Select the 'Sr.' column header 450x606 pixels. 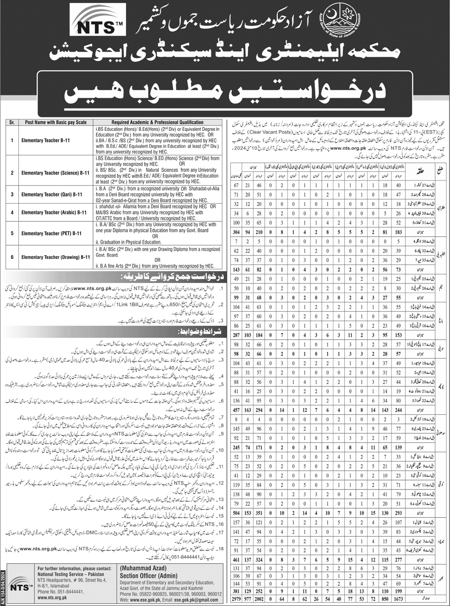(x=12, y=122)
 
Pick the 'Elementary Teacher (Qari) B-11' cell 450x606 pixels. (x=52, y=194)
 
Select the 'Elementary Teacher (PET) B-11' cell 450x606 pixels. (x=51, y=233)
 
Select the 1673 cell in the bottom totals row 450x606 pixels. (x=398, y=599)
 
